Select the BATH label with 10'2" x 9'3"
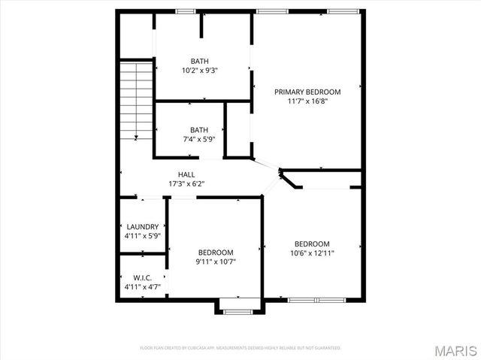199,62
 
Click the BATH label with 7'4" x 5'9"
199,129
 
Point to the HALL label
186,174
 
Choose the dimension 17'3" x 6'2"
186,183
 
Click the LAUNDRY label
142,227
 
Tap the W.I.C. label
142,277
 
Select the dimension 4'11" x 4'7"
142,286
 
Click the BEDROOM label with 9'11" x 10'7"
216,253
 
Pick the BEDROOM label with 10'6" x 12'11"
312,244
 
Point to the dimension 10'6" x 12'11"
312,253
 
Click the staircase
136,98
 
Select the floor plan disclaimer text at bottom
240,348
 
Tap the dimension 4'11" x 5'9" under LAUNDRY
142,236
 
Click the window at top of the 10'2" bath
186,11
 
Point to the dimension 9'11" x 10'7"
216,262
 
